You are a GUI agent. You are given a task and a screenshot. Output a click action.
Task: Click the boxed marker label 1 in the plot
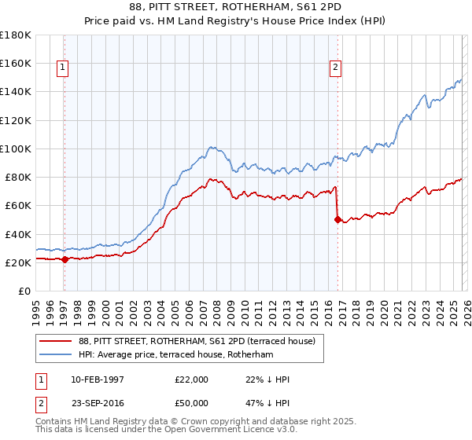pos(62,68)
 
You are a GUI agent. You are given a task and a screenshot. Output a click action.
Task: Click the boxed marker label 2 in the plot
pos(335,68)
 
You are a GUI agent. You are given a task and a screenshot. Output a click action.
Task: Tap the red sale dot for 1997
pos(65,260)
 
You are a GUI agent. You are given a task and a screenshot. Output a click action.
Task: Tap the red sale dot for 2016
pos(337,220)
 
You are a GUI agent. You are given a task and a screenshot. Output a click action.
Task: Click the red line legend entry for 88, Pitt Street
pos(197,341)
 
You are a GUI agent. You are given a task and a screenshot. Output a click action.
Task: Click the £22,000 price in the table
pos(192,379)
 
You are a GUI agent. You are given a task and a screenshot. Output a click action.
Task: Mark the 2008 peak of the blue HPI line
pos(211,146)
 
